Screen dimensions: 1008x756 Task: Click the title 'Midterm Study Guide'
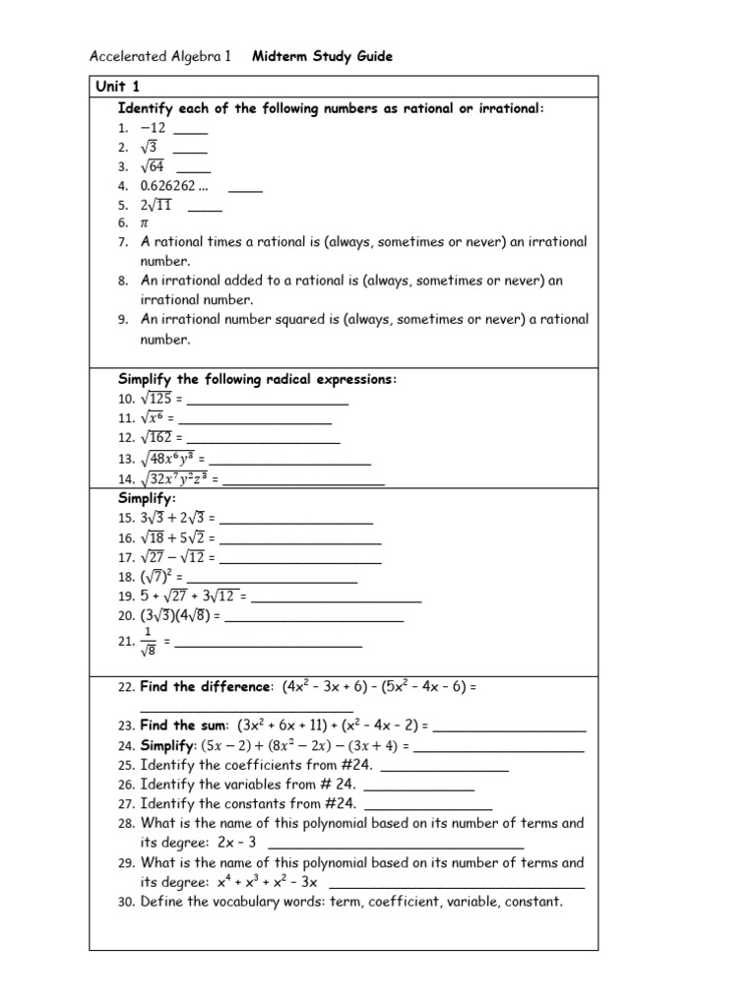(322, 57)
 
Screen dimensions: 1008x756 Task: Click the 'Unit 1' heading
(117, 87)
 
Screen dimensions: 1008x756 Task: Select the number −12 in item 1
(153, 128)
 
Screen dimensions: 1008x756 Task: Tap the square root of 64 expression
(153, 166)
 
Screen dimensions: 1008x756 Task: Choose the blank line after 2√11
(204, 207)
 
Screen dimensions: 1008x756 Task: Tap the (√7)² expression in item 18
(157, 576)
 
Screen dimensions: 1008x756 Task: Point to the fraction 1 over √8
(149, 641)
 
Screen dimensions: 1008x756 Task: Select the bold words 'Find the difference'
(205, 686)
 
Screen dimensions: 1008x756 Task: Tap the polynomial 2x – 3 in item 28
(239, 843)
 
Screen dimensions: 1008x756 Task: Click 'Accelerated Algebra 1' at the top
(159, 57)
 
